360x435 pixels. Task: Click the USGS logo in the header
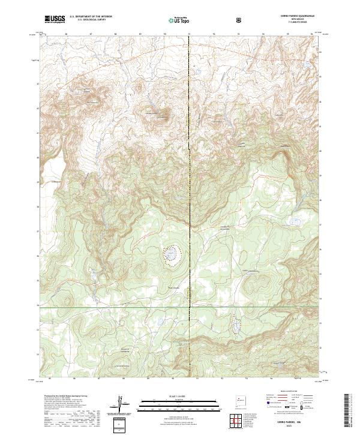coord(55,19)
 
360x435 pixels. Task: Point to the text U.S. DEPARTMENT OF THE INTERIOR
coord(91,17)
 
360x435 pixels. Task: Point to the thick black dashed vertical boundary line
coord(190,180)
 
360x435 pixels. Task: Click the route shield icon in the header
coord(240,20)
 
